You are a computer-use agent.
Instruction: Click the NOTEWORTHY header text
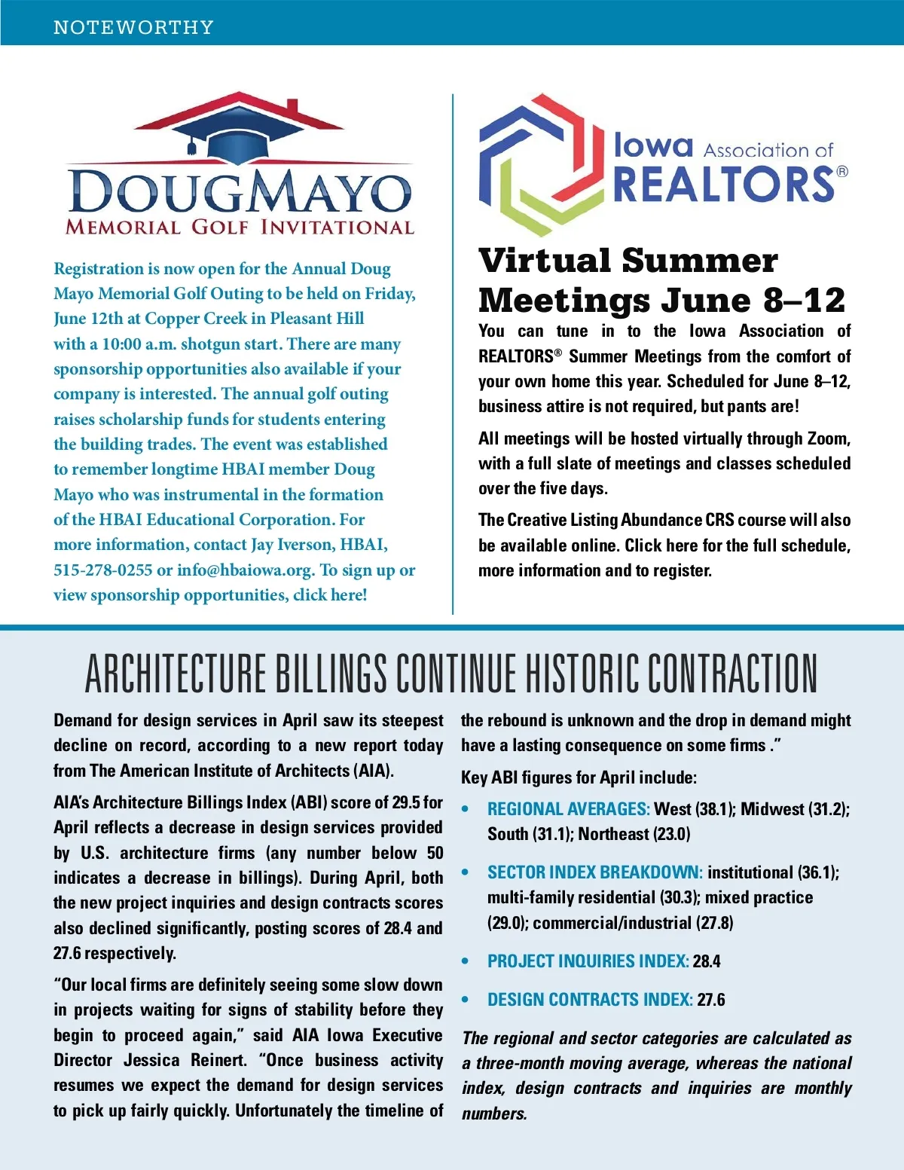pos(133,28)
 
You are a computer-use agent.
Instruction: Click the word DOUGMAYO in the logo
pos(240,192)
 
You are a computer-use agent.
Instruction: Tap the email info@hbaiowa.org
pos(246,570)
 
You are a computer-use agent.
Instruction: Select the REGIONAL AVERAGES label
pos(568,809)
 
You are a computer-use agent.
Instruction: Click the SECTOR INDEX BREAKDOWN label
pos(594,872)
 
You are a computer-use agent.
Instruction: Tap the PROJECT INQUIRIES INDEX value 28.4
pos(707,961)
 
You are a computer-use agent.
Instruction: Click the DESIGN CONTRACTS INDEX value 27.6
pos(711,1000)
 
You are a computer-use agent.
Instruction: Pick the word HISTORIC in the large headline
pos(580,673)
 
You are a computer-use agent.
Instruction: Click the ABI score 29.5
pos(406,802)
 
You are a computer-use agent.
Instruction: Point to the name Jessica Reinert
pos(185,1060)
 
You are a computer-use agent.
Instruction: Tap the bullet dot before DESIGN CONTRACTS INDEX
pos(466,1000)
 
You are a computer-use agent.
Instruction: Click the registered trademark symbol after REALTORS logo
pos(842,172)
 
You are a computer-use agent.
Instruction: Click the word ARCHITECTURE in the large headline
pos(176,673)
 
